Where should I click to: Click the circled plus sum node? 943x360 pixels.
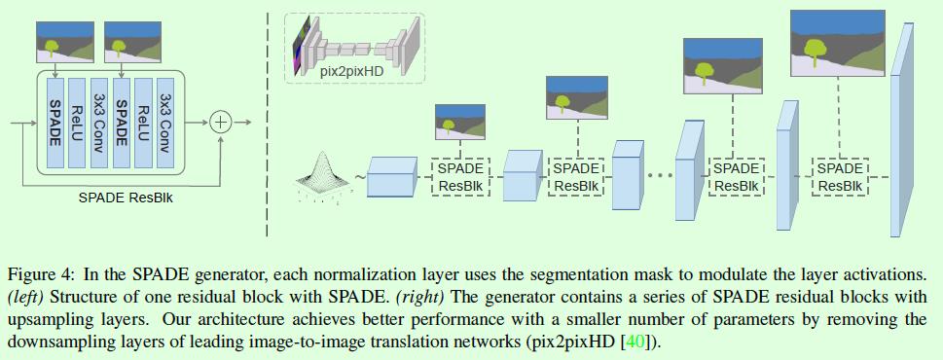pyautogui.click(x=221, y=122)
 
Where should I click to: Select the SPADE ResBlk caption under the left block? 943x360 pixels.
pyautogui.click(x=120, y=197)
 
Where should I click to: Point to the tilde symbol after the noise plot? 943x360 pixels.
pyautogui.click(x=359, y=177)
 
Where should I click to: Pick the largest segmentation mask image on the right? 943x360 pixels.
pyautogui.click(x=838, y=43)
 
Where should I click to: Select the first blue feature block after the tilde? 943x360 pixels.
pyautogui.click(x=391, y=177)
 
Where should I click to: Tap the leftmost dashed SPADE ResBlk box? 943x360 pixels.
pyautogui.click(x=459, y=177)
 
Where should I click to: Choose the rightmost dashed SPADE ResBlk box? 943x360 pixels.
pyautogui.click(x=838, y=177)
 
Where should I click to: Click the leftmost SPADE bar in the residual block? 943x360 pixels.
pyautogui.click(x=54, y=122)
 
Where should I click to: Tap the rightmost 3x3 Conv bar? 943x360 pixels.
pyautogui.click(x=165, y=122)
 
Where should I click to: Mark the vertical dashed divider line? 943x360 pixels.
pyautogui.click(x=267, y=122)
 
